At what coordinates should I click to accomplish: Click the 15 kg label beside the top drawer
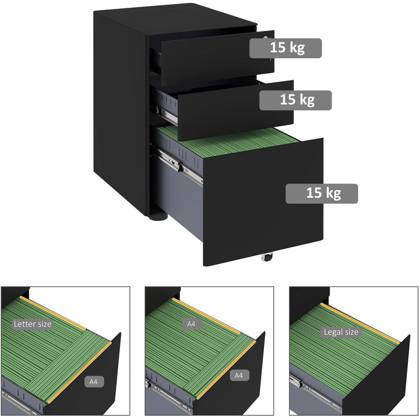285,48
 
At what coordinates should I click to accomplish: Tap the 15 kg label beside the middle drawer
295,100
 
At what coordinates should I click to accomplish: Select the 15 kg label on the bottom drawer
322,193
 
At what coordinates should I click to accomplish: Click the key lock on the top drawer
266,38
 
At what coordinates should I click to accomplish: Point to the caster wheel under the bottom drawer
267,257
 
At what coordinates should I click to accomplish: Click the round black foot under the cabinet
158,216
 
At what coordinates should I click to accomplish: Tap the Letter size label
32,324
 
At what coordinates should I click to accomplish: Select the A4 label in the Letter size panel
93,382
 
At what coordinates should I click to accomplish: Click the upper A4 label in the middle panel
191,324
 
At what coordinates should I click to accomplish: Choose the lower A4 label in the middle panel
239,376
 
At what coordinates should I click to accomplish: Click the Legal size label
341,332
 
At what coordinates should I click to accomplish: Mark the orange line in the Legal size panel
360,323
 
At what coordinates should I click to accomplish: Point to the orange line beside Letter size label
53,313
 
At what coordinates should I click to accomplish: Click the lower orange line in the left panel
80,372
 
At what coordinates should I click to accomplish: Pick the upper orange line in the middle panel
206,316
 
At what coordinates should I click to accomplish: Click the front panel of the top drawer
217,58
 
